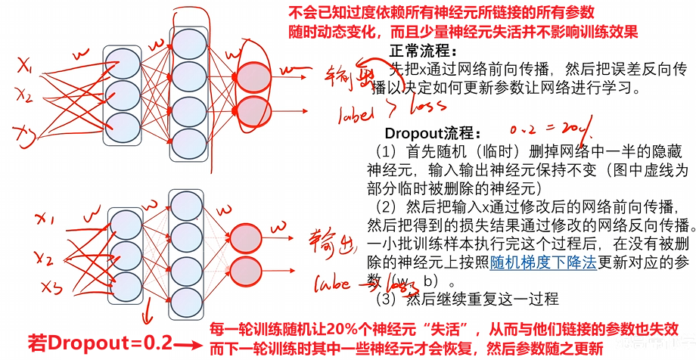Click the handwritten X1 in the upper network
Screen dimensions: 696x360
pos(25,70)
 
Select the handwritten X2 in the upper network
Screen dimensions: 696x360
pos(23,98)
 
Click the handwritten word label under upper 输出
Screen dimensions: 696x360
pos(356,113)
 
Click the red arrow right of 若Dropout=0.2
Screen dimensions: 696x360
pos(192,346)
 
